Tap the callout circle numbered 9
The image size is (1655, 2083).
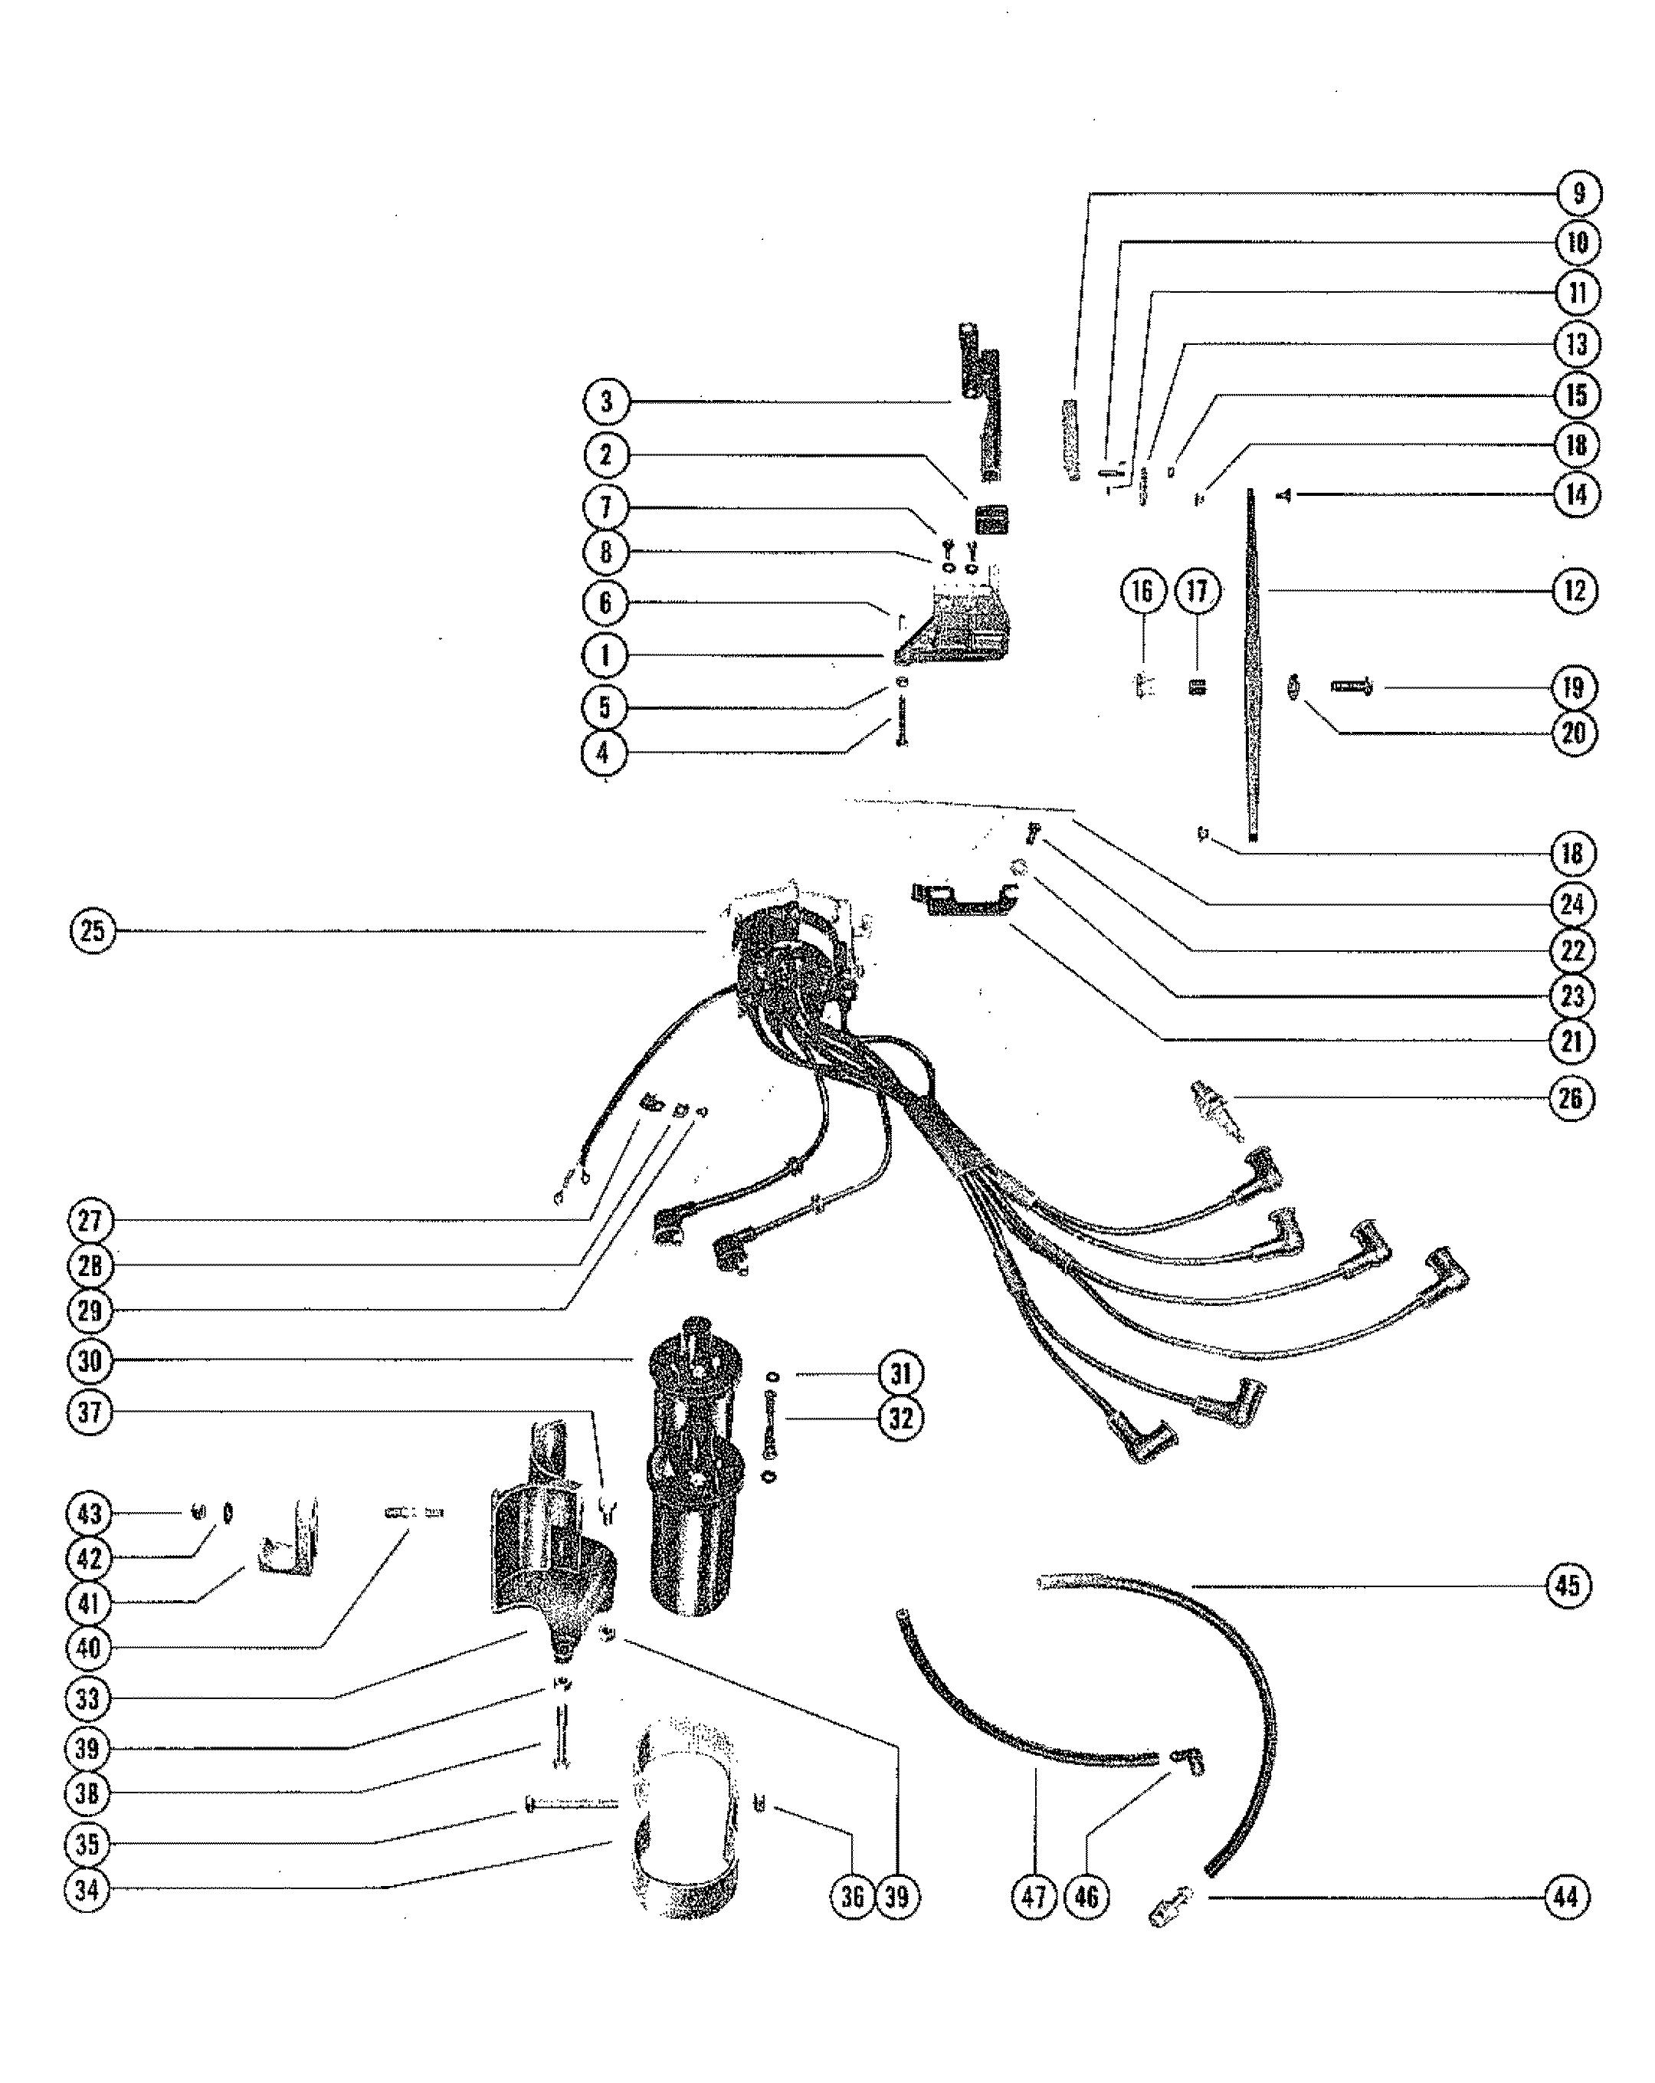point(1578,193)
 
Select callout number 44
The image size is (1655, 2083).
point(1566,1897)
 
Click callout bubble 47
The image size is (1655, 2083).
point(1034,1897)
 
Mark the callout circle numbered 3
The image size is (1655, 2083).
point(606,401)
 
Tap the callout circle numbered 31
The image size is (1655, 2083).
point(900,1373)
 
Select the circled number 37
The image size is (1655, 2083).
point(90,1412)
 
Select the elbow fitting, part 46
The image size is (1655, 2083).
point(1186,1760)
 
